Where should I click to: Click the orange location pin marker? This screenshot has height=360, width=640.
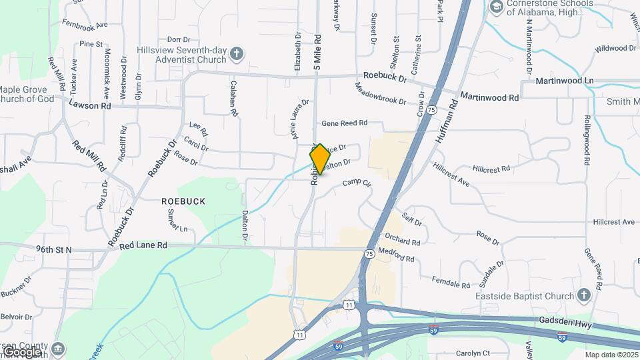tap(320, 159)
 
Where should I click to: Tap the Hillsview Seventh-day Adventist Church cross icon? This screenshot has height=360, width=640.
tap(237, 53)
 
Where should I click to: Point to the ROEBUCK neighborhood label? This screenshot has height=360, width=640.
tap(183, 201)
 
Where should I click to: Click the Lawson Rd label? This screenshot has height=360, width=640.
tap(89, 106)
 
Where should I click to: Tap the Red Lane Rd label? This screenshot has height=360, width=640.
tap(144, 245)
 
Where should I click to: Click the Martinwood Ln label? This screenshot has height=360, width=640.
tap(565, 81)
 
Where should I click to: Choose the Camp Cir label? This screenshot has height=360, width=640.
tap(356, 183)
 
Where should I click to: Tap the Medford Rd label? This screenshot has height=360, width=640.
tap(396, 255)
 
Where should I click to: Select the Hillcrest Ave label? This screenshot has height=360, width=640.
tap(614, 222)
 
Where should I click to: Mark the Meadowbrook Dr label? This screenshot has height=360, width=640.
tap(381, 94)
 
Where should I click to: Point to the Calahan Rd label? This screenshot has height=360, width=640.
tap(233, 99)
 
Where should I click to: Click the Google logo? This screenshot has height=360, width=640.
tap(22, 351)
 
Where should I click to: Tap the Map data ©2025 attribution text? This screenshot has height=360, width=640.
tap(610, 355)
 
